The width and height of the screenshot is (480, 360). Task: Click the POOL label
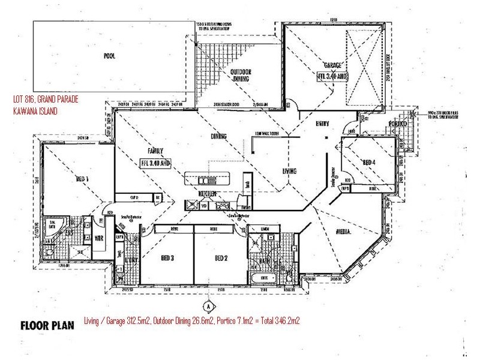(109, 57)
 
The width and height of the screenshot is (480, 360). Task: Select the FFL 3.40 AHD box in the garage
(333, 77)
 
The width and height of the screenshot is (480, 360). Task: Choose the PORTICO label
(397, 124)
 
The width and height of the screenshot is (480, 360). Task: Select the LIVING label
(289, 172)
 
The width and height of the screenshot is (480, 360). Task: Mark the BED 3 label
(167, 259)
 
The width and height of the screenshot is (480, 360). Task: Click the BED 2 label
(222, 259)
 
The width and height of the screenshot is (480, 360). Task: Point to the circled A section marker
(208, 305)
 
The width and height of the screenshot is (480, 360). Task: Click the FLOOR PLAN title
(47, 326)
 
